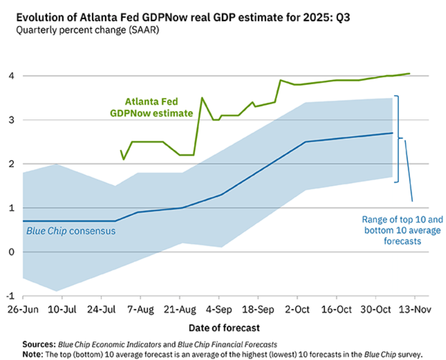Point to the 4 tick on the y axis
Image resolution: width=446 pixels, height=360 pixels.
tap(11, 76)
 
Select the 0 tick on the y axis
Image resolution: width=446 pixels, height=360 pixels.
tap(11, 252)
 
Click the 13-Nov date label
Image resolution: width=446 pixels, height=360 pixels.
tap(417, 309)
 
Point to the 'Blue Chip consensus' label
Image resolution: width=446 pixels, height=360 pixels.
tap(71, 231)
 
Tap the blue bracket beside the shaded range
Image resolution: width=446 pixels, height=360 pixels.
tap(399, 138)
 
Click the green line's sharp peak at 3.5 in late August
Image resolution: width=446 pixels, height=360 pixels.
tap(201, 98)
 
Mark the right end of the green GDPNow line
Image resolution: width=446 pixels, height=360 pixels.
tap(409, 74)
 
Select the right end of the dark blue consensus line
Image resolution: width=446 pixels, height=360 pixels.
tap(392, 133)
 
